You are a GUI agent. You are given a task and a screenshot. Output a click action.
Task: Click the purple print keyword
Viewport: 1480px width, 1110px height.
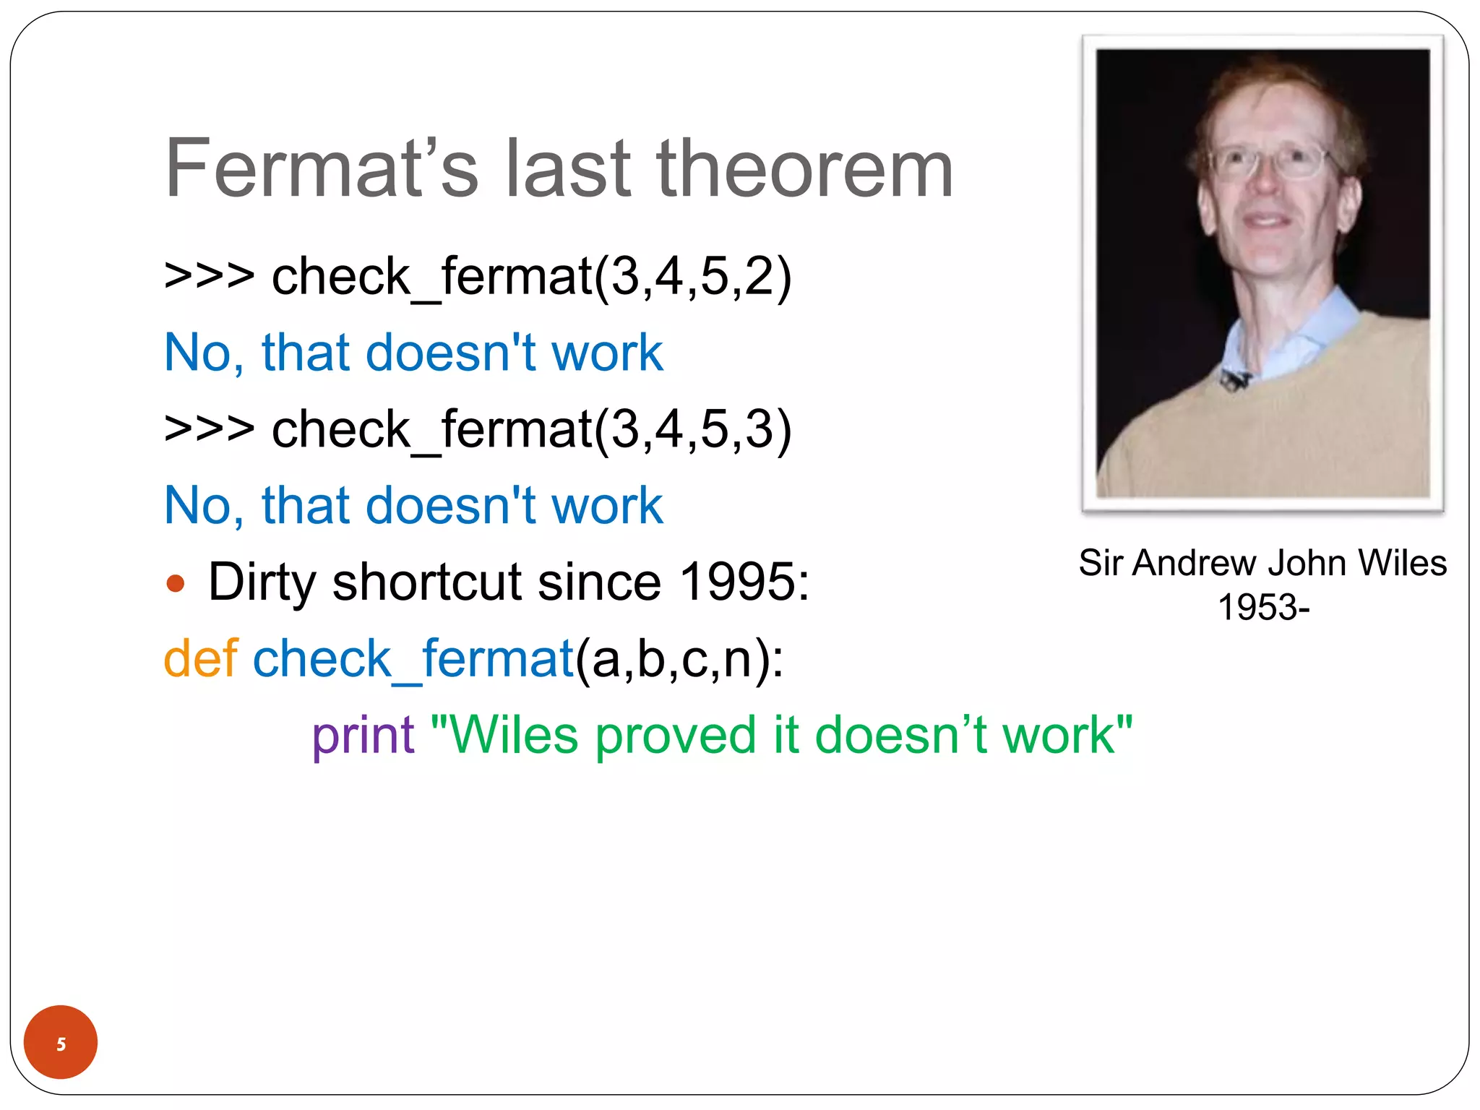[x=363, y=736]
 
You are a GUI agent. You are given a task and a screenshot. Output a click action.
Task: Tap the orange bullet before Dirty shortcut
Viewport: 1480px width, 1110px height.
[x=176, y=583]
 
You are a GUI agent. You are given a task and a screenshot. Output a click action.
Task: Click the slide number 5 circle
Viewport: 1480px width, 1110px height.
[x=61, y=1042]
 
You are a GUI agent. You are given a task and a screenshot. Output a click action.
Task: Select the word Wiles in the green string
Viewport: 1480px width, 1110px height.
[x=515, y=736]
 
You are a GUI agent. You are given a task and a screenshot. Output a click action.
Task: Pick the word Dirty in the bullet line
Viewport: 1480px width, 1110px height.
[x=262, y=583]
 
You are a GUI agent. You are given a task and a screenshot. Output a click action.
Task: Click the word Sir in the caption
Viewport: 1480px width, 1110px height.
[x=1100, y=563]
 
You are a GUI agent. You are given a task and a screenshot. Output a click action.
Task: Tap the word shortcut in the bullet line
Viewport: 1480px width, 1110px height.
[x=427, y=582]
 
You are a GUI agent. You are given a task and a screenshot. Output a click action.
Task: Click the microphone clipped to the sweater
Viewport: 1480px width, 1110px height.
[x=1234, y=378]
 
